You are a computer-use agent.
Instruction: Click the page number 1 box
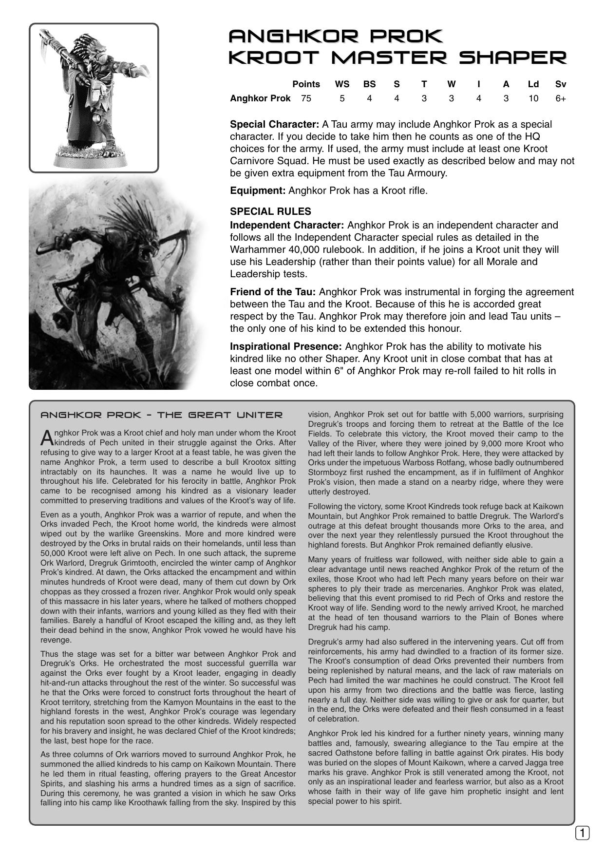(x=582, y=833)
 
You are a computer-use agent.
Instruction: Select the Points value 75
(x=306, y=98)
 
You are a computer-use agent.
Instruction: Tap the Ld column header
(x=533, y=84)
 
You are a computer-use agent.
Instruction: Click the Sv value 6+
(x=561, y=98)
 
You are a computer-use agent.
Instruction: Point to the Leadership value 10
(x=533, y=98)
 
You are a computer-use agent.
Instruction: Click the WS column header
(x=342, y=84)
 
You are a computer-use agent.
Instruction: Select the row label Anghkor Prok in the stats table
(x=260, y=98)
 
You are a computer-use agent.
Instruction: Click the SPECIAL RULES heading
(x=270, y=211)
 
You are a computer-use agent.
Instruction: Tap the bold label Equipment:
(x=258, y=190)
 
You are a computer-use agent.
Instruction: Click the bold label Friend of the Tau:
(x=273, y=292)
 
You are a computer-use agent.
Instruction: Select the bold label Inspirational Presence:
(x=286, y=346)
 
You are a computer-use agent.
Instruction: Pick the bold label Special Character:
(x=274, y=124)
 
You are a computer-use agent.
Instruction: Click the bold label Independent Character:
(x=287, y=225)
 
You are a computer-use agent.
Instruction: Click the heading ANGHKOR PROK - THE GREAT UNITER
(x=161, y=415)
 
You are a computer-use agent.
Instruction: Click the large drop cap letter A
(x=47, y=437)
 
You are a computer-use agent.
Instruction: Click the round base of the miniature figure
(x=93, y=157)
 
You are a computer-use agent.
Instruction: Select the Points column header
(x=306, y=84)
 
